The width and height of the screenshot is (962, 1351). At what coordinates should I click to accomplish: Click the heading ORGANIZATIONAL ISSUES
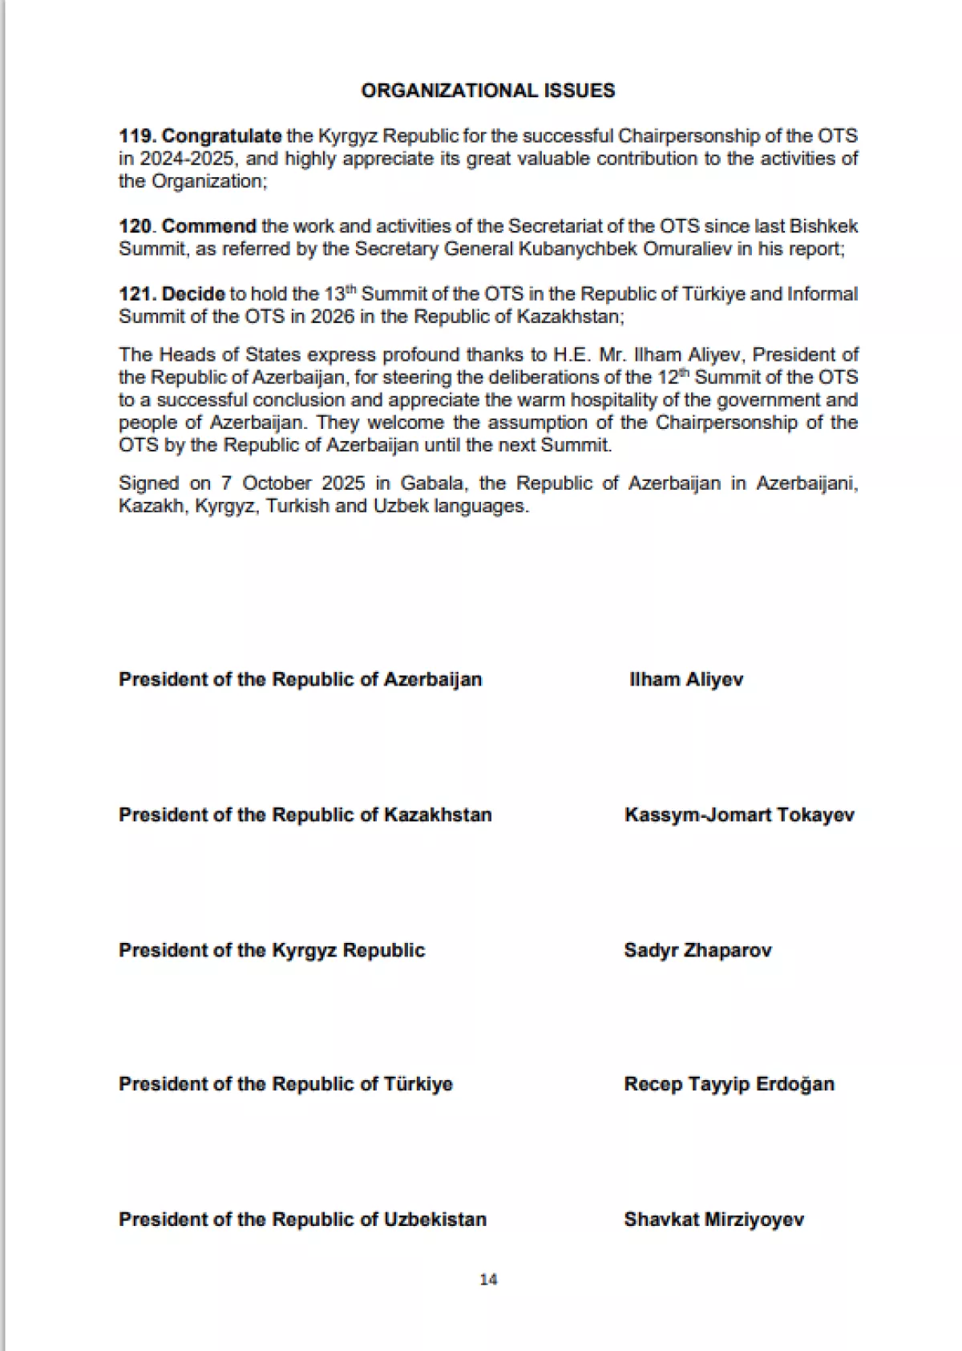coord(487,91)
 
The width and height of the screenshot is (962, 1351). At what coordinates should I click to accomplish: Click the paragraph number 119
coord(137,136)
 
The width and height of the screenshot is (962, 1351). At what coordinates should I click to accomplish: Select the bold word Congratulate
coord(222,136)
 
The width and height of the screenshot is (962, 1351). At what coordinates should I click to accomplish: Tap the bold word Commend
coord(208,226)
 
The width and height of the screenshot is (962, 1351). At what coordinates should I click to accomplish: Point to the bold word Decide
coord(193,294)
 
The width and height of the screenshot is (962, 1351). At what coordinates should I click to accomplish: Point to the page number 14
coord(488,1280)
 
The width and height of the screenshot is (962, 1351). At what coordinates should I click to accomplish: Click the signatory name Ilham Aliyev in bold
coord(686,680)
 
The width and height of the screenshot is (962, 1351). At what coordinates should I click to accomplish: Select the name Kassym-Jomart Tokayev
coord(739,815)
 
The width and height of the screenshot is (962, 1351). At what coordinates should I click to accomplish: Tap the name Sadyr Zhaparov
coord(697,951)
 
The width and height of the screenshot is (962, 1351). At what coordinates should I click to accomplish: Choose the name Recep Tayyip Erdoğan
coord(729,1085)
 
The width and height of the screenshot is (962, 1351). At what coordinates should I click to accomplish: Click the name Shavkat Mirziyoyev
coord(713,1220)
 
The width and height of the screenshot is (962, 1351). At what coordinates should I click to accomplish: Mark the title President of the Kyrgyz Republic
coord(272,951)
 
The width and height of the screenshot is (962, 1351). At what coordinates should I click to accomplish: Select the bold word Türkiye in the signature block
coord(418,1085)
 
